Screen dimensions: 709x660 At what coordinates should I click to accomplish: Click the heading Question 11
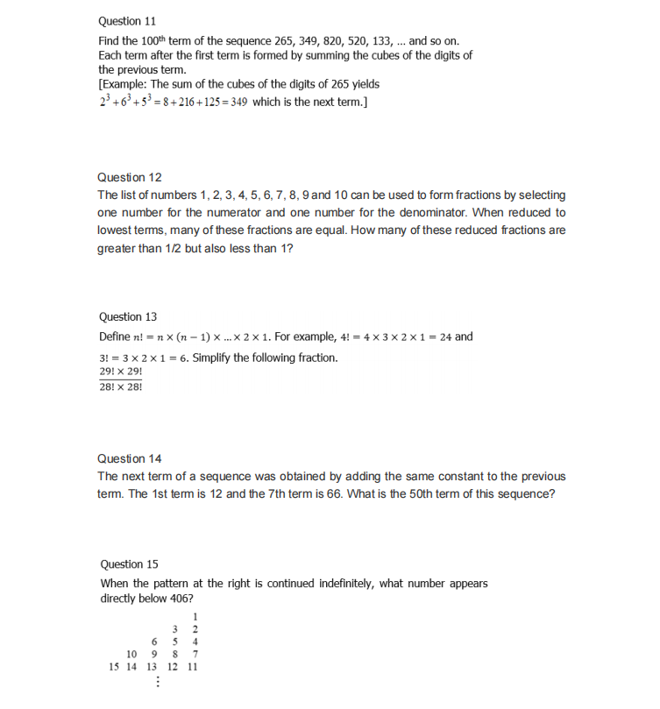(x=127, y=20)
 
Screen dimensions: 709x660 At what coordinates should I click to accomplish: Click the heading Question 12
(x=129, y=177)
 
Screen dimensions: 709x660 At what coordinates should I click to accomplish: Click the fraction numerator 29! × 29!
(x=121, y=372)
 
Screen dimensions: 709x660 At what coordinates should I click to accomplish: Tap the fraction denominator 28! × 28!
(x=121, y=387)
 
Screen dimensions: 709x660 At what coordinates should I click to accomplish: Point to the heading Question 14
(x=129, y=458)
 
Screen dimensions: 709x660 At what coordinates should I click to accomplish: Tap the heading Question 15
(x=130, y=564)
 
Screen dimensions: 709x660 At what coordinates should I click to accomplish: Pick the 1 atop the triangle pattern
(x=194, y=616)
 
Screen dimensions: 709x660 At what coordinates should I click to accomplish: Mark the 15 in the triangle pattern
(x=114, y=666)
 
